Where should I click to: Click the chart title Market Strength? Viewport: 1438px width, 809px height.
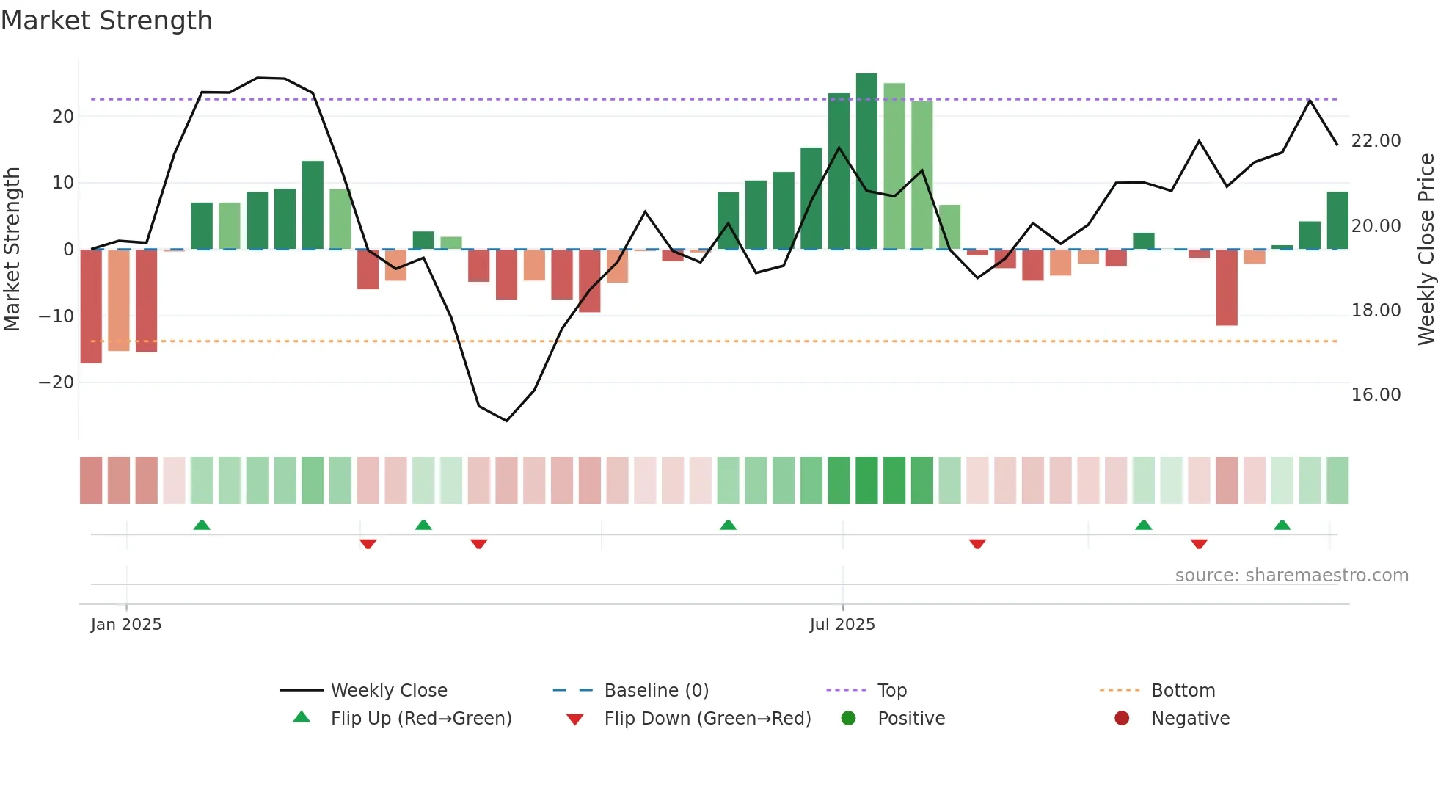(106, 21)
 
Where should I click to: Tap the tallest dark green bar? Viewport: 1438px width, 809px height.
(866, 162)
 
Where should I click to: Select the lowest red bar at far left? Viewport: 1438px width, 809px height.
(91, 306)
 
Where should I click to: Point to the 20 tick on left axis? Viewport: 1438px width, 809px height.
(63, 117)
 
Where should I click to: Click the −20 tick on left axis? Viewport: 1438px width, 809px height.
(56, 382)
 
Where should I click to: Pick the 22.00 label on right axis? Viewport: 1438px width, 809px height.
(1376, 141)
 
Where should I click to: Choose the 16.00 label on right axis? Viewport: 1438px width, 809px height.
(1376, 395)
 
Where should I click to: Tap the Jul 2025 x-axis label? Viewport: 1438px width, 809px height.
(842, 625)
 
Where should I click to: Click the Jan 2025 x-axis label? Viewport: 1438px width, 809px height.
(126, 625)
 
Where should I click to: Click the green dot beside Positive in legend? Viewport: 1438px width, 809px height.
(849, 719)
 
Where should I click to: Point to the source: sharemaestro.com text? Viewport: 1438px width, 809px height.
(1291, 576)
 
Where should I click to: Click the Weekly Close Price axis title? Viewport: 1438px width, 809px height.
(1426, 250)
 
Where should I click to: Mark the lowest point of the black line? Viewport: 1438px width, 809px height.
(506, 421)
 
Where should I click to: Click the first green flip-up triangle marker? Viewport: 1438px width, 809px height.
(202, 525)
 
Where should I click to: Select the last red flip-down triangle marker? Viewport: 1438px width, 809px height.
(1199, 544)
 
